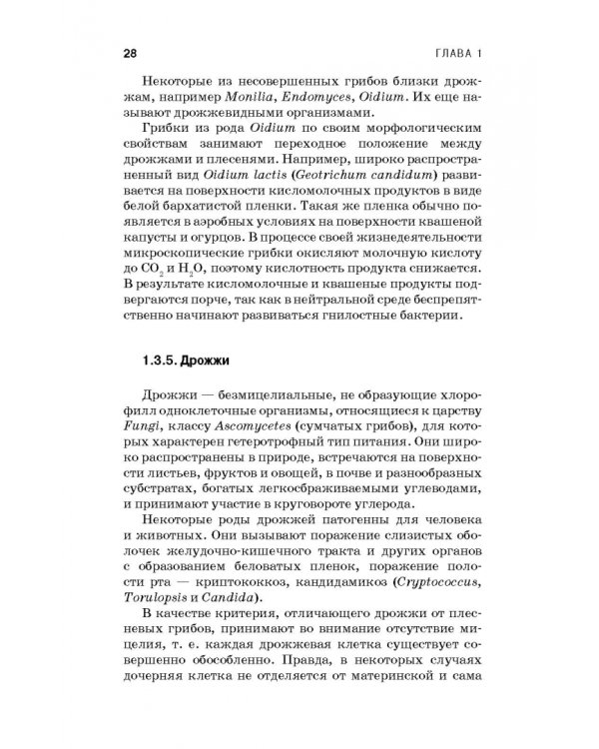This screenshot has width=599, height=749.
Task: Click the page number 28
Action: [129, 52]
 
